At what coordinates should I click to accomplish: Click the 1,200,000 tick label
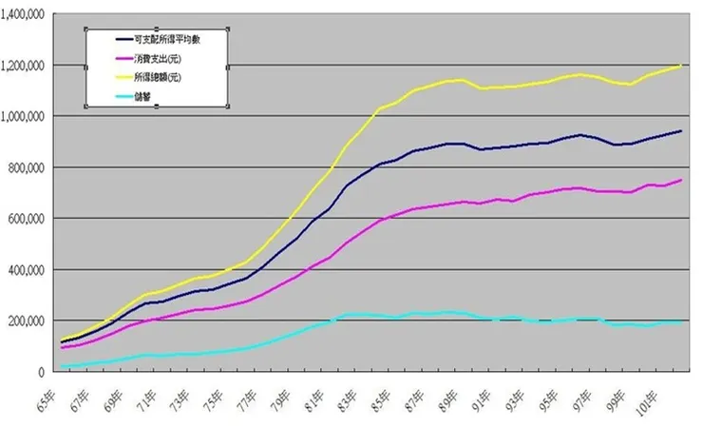tap(24, 66)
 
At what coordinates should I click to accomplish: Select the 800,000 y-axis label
tap(28, 167)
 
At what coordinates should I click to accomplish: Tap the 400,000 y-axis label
tap(28, 270)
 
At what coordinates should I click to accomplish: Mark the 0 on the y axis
tap(44, 372)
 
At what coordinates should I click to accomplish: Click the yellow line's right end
tap(680, 66)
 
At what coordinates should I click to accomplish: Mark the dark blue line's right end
tap(680, 131)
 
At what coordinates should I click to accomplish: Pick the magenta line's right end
tap(680, 181)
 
